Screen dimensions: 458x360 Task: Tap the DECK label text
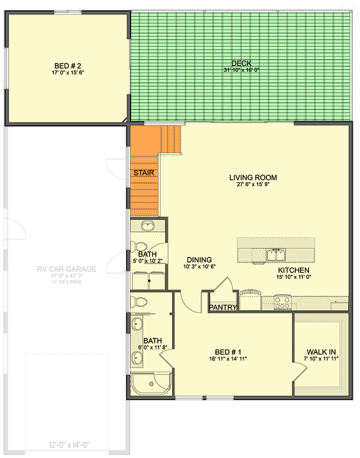click(239, 63)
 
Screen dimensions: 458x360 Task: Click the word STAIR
click(144, 173)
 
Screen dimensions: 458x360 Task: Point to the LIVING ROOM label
click(253, 178)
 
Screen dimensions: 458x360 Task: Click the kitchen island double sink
click(276, 254)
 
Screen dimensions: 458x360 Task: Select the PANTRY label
click(223, 307)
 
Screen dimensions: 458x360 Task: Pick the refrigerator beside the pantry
click(250, 300)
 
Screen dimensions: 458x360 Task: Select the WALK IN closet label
click(321, 352)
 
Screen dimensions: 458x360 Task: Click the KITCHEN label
click(293, 270)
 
